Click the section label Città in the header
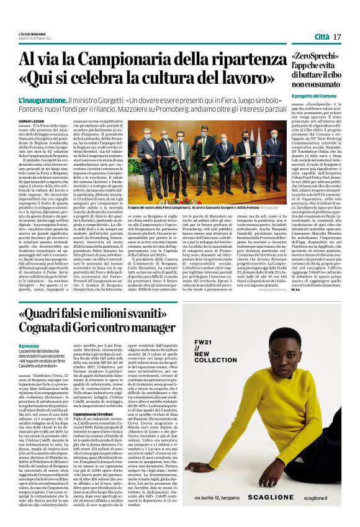click(322, 37)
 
